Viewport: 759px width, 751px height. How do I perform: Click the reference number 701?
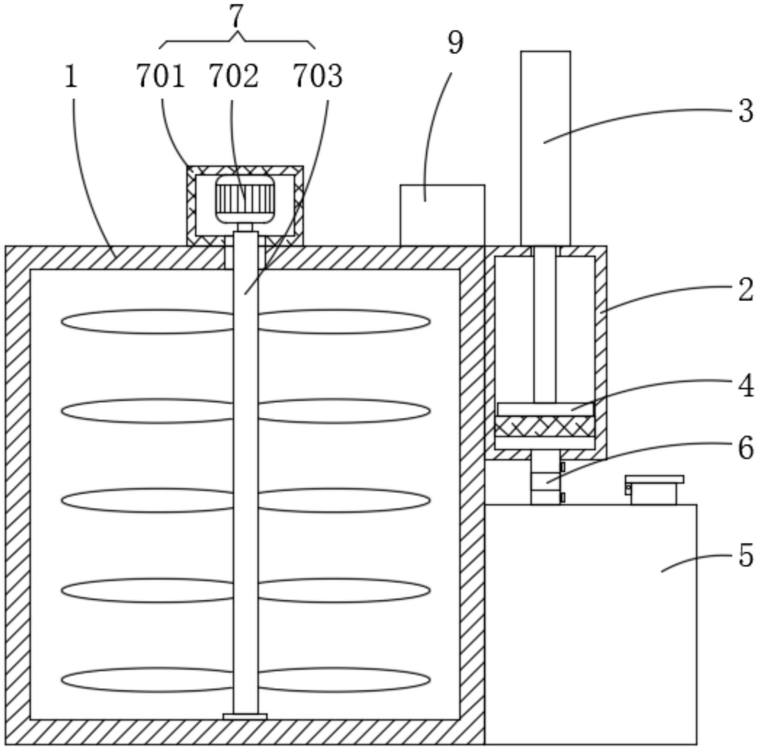click(x=160, y=76)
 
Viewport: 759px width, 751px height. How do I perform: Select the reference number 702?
click(x=233, y=76)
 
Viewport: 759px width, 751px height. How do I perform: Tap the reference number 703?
click(x=318, y=76)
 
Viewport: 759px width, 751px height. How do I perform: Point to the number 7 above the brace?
click(x=236, y=17)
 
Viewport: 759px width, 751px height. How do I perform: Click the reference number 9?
click(x=455, y=43)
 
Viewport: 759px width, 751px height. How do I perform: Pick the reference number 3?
click(x=746, y=111)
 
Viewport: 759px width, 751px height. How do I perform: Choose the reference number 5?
click(x=746, y=555)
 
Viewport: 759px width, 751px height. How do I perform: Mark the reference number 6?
click(x=746, y=448)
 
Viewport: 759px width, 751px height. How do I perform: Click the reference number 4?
click(x=746, y=386)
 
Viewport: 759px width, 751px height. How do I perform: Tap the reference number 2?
click(x=746, y=290)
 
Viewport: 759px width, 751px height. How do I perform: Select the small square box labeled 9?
click(x=442, y=215)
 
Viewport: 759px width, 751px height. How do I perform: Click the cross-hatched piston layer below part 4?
click(x=544, y=426)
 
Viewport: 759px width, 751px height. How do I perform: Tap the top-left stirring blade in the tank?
click(x=147, y=322)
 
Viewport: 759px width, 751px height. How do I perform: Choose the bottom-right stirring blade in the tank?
click(x=344, y=680)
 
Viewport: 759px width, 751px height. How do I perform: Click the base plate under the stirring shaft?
click(x=245, y=717)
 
